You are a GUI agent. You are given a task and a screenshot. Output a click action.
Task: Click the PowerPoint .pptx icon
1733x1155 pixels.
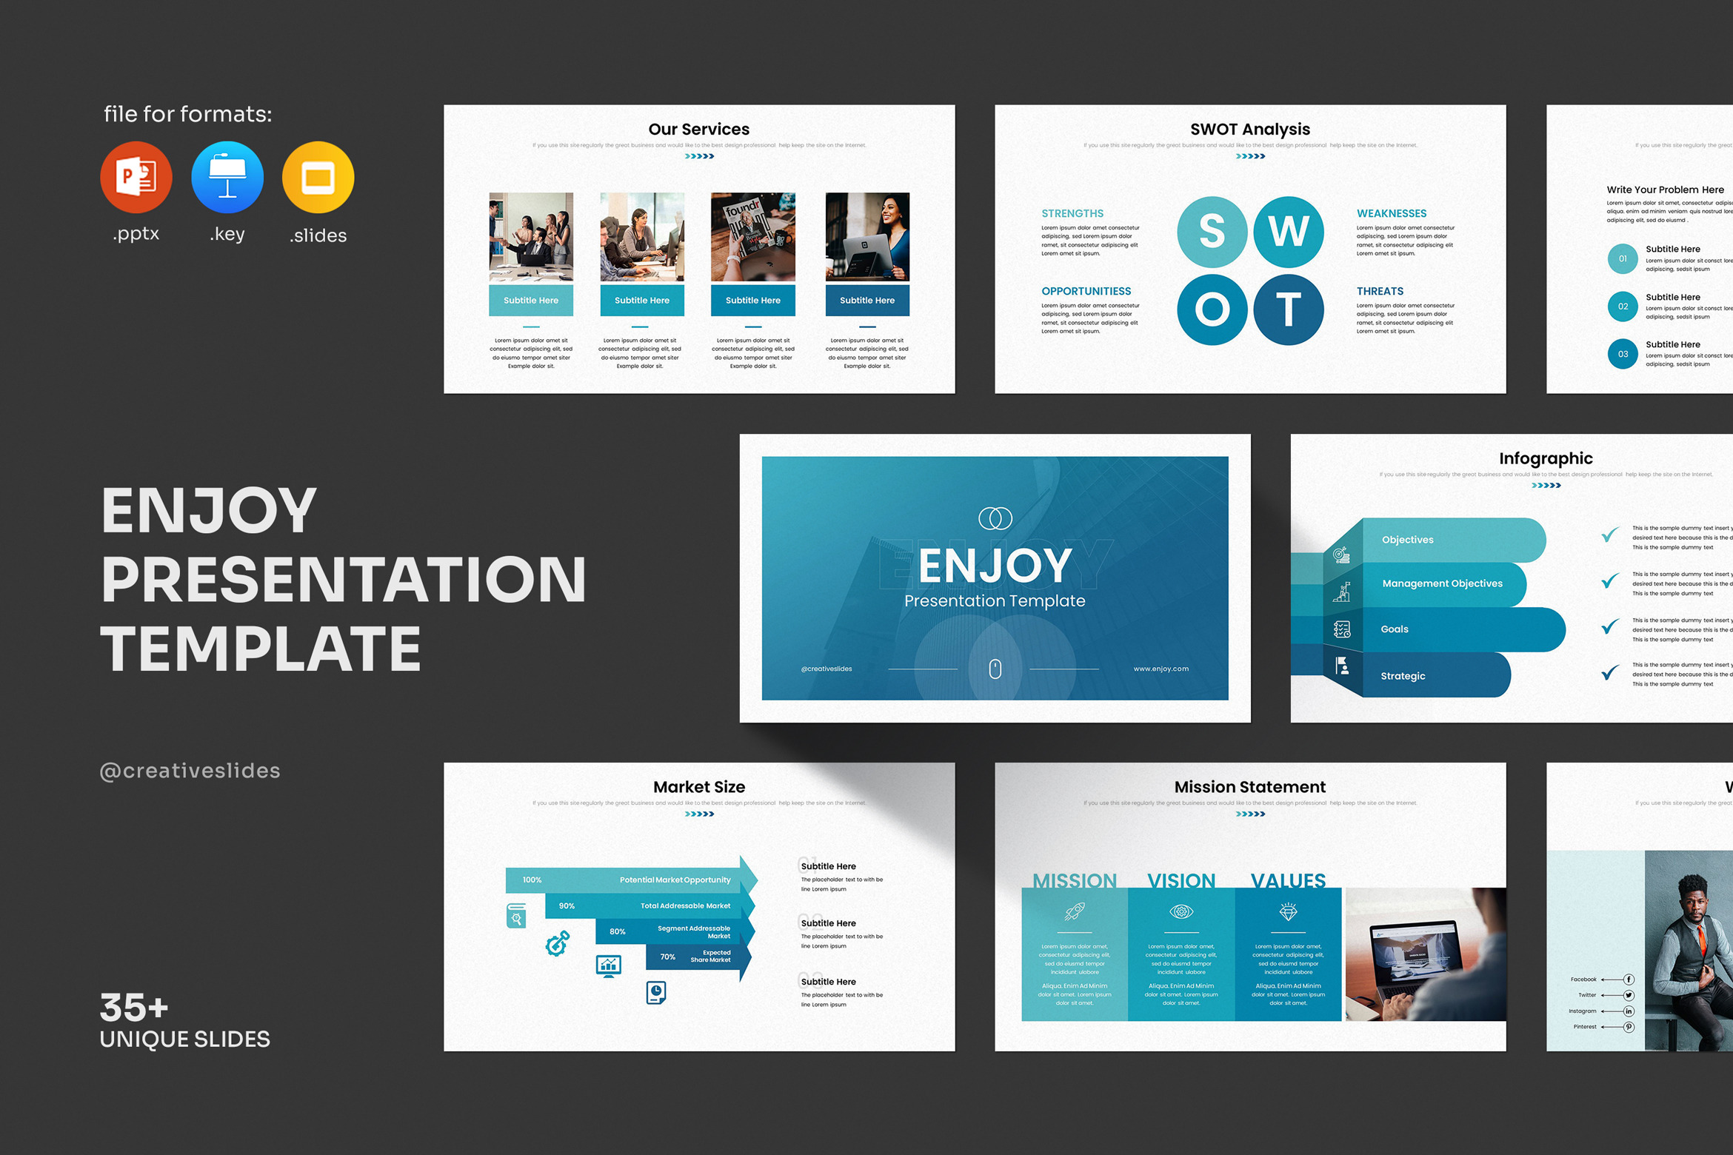coord(136,178)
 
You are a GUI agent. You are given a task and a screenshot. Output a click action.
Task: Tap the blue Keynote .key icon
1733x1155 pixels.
coord(227,178)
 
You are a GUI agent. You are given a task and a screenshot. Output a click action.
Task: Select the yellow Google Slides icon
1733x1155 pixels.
coord(318,178)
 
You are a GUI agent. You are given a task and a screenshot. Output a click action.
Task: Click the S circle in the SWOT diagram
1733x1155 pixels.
coord(1212,232)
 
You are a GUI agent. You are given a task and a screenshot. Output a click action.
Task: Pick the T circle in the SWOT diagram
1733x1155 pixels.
coord(1289,309)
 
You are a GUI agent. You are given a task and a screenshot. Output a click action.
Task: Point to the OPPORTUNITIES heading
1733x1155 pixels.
coord(1086,291)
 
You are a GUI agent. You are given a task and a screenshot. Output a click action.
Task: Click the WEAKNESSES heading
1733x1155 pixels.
coord(1391,213)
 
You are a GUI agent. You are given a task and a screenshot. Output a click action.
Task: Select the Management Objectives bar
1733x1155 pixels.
coord(1442,583)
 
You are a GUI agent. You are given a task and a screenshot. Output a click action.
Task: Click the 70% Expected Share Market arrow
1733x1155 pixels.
coord(696,957)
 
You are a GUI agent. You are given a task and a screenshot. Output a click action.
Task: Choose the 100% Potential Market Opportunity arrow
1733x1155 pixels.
coord(630,880)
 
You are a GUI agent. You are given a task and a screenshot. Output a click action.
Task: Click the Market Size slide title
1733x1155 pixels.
coord(699,787)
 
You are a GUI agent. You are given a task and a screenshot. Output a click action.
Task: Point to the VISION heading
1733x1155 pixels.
coord(1181,880)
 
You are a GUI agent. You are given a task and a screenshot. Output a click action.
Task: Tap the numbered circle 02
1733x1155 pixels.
coord(1623,307)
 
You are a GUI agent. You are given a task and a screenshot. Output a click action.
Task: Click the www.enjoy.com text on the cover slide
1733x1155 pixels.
coord(1161,669)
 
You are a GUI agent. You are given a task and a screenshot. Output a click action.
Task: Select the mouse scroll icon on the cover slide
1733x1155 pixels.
coord(995,669)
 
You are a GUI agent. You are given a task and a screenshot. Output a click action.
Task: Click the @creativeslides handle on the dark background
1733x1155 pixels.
coord(190,771)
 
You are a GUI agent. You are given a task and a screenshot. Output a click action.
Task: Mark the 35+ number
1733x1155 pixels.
coord(134,1008)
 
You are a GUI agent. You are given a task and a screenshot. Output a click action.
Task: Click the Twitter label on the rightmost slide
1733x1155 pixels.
coord(1586,995)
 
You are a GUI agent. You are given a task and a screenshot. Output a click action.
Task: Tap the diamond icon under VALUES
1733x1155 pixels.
coord(1288,912)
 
